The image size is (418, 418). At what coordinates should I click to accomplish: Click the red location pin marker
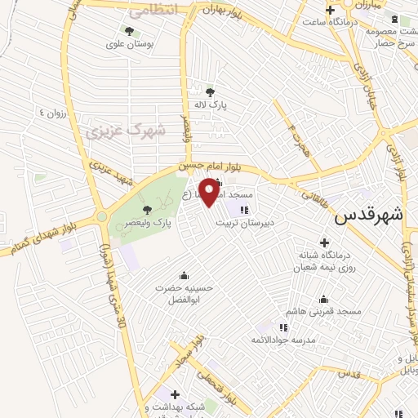pyautogui.click(x=210, y=191)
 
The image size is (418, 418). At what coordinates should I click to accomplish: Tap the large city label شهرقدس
pyautogui.click(x=369, y=216)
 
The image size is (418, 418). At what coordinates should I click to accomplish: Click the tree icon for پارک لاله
pyautogui.click(x=211, y=92)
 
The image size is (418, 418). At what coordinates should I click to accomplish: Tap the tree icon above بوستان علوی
pyautogui.click(x=129, y=30)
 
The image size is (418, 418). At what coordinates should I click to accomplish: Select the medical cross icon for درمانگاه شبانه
pyautogui.click(x=324, y=242)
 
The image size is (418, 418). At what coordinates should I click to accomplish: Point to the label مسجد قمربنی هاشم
pyautogui.click(x=323, y=312)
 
